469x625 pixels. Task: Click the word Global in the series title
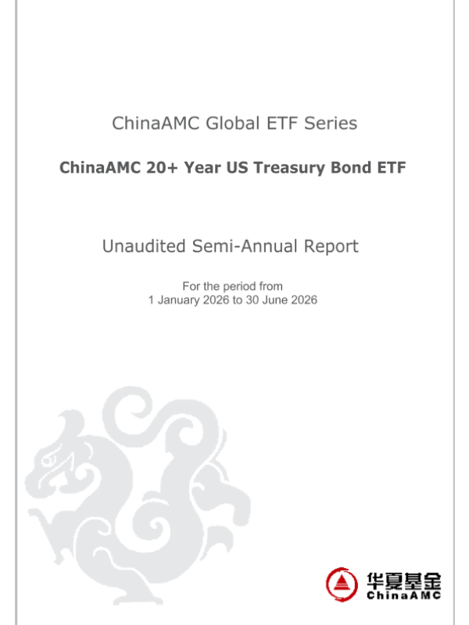(232, 123)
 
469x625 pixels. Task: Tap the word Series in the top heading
(331, 123)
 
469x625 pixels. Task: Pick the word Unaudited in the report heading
(144, 246)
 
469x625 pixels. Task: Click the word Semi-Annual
(245, 246)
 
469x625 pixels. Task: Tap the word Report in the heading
(331, 247)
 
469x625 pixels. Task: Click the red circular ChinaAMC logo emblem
(342, 584)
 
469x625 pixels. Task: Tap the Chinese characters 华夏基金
(403, 581)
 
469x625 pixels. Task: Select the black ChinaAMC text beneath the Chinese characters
(403, 595)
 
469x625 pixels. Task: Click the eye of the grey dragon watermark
(47, 460)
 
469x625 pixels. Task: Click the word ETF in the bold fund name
(392, 167)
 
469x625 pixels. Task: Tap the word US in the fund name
(238, 167)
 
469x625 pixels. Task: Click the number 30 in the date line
(252, 300)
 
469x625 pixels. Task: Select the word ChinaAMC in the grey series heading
(156, 123)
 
